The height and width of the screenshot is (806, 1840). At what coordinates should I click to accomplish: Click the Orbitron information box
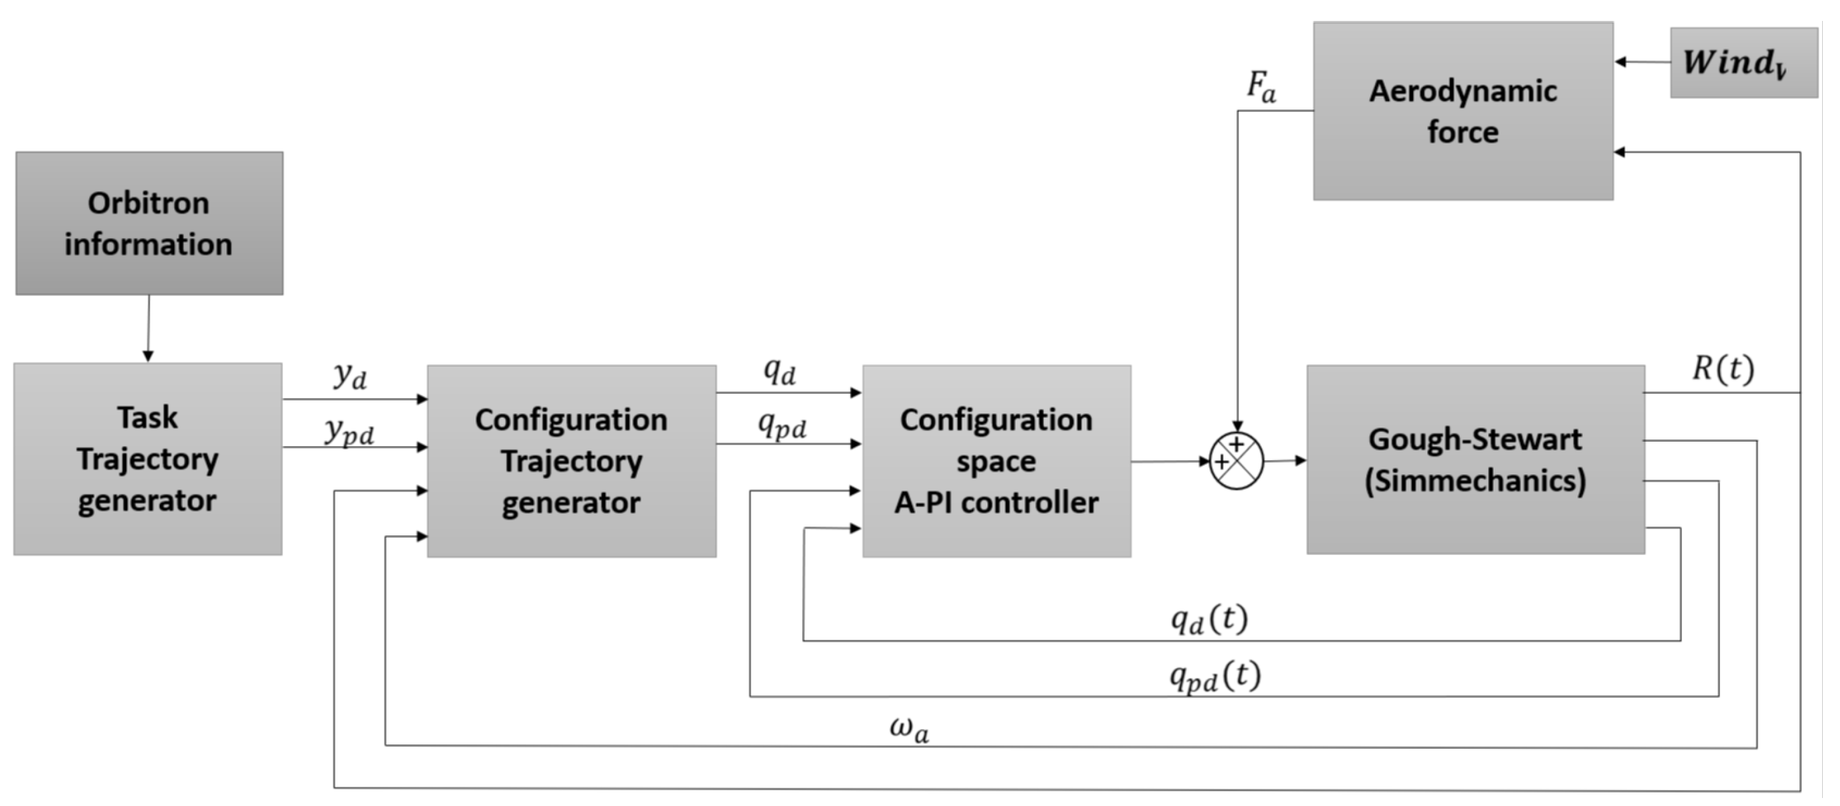pyautogui.click(x=149, y=223)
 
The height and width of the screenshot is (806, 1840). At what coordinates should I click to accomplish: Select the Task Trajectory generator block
pyautogui.click(x=147, y=459)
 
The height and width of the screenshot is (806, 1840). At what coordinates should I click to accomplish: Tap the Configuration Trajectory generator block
pyautogui.click(x=572, y=461)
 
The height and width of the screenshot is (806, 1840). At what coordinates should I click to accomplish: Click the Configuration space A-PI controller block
pyautogui.click(x=997, y=461)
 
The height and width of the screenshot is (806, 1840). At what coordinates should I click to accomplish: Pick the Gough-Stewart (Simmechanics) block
pyautogui.click(x=1475, y=460)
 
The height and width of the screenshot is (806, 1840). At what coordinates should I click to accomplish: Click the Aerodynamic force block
pyautogui.click(x=1463, y=111)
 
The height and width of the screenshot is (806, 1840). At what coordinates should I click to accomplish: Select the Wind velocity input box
pyautogui.click(x=1743, y=63)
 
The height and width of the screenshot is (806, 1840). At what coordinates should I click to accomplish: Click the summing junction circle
pyautogui.click(x=1237, y=461)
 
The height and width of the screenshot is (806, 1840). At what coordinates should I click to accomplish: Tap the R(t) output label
pyautogui.click(x=1722, y=369)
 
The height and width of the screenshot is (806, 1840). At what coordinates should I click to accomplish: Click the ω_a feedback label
pyautogui.click(x=909, y=729)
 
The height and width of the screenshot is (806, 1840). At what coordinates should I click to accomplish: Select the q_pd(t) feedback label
pyautogui.click(x=1214, y=676)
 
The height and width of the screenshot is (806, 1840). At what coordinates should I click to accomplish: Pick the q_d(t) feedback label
pyautogui.click(x=1209, y=619)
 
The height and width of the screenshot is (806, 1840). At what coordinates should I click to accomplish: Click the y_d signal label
pyautogui.click(x=350, y=375)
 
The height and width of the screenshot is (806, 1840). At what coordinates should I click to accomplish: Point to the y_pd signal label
pyautogui.click(x=349, y=431)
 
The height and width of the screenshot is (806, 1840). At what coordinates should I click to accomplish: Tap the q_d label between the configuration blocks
pyautogui.click(x=779, y=371)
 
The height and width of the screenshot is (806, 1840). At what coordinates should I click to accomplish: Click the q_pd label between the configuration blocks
pyautogui.click(x=782, y=426)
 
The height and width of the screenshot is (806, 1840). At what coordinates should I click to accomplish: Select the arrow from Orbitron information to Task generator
pyautogui.click(x=149, y=329)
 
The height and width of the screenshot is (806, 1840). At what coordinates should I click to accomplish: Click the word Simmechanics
pyautogui.click(x=1475, y=480)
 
